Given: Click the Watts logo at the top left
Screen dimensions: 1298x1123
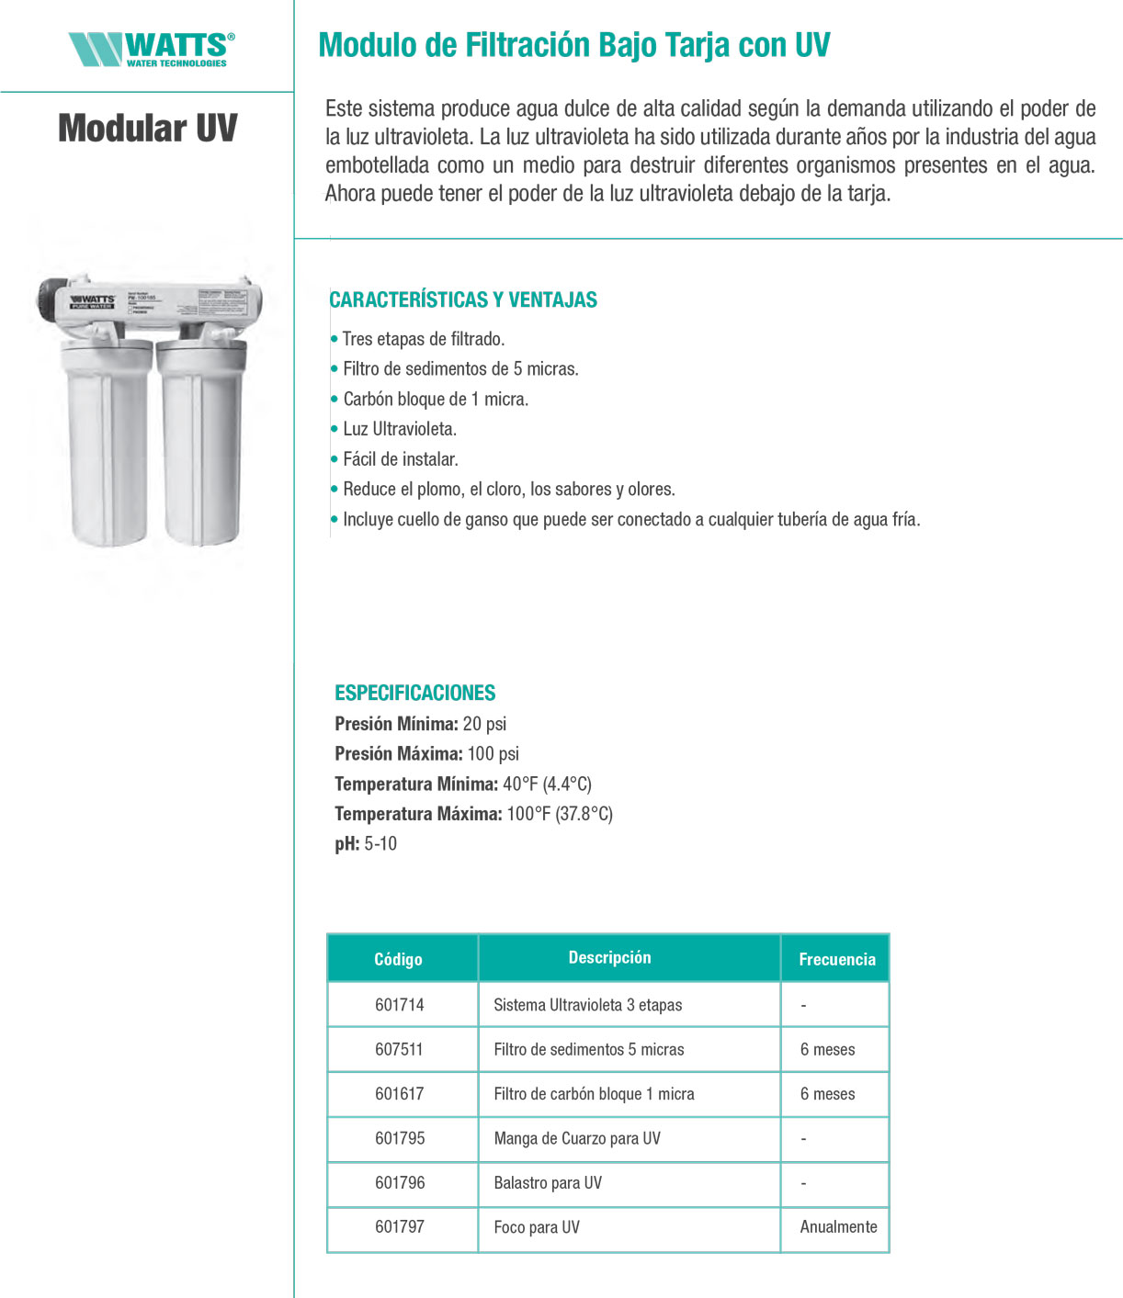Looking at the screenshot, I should [x=152, y=49].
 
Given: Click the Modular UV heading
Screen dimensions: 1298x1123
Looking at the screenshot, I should [x=148, y=128].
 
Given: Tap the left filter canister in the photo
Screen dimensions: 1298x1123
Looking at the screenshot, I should [x=107, y=441].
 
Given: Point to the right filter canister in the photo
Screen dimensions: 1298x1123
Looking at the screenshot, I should [x=201, y=441].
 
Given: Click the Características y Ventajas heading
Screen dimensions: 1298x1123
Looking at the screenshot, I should [x=463, y=299].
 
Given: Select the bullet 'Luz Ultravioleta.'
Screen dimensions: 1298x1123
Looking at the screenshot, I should [x=400, y=429].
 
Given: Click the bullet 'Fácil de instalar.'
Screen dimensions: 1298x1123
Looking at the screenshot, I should [x=401, y=459].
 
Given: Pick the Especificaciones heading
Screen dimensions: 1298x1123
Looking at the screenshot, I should [x=414, y=693].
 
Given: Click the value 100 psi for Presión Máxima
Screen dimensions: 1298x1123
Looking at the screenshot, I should [x=493, y=754].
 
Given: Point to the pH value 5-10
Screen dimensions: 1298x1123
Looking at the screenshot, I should [x=380, y=844].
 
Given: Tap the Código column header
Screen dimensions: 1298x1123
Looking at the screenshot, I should [x=398, y=959].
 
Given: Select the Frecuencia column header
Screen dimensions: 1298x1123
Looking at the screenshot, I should [x=836, y=959].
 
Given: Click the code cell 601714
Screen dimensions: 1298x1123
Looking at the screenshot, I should [x=400, y=1005].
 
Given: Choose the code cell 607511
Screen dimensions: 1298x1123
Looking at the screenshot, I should [x=400, y=1049].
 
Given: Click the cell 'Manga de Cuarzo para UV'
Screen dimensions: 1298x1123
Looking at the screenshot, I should [x=577, y=1138].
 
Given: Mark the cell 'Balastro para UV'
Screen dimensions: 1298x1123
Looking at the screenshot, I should [x=548, y=1183].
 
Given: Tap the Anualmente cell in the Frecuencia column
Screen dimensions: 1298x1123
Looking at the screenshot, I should [x=838, y=1227].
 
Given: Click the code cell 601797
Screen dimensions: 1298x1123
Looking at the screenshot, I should [x=400, y=1227].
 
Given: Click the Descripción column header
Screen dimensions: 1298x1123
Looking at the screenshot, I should [x=609, y=957].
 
